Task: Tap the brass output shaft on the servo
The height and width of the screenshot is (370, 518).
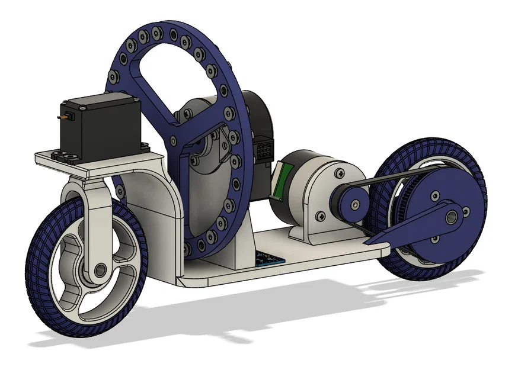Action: (61, 118)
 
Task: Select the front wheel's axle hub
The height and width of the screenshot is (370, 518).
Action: (98, 271)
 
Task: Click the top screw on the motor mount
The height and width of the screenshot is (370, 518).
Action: (340, 173)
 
